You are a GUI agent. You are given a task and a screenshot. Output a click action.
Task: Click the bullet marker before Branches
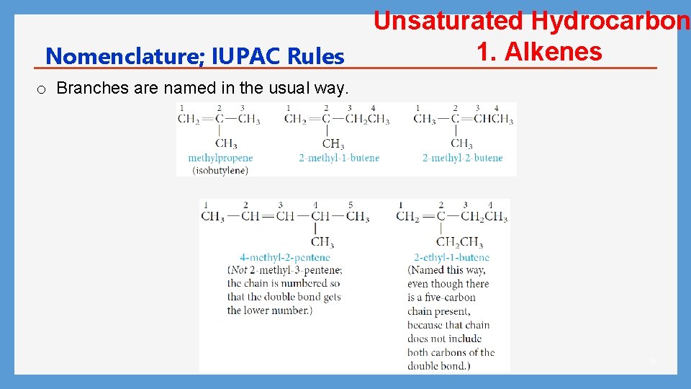coord(42,89)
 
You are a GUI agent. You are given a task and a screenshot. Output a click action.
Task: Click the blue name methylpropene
coord(220,158)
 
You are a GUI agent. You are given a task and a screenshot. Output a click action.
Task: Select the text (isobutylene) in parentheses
coord(220,171)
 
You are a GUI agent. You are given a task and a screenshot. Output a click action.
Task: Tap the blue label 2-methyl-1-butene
coord(339,158)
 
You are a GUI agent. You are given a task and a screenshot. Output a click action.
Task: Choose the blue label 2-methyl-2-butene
coord(462,158)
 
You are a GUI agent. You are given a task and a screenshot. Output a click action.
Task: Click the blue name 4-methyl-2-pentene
coord(285,257)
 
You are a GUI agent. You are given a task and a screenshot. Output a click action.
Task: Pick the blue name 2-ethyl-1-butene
coord(451,257)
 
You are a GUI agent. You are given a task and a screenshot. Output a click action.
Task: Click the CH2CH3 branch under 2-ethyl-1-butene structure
coord(459,242)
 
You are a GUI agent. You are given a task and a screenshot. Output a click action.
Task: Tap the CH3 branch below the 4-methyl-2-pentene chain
coord(322,242)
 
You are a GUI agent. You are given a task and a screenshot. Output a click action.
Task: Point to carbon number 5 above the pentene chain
coord(351,205)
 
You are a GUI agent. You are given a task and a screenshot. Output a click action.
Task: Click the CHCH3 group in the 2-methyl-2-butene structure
coord(493,119)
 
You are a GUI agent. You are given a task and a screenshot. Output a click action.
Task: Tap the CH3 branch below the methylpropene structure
coord(225,143)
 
